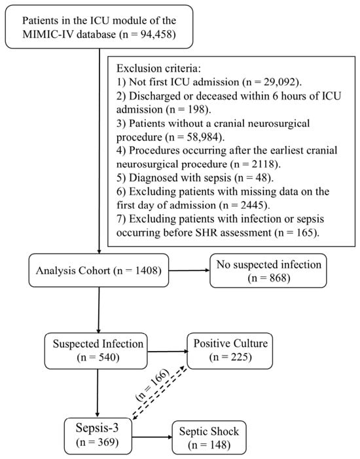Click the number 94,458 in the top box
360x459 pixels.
(x=157, y=35)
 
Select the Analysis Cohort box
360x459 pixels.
(x=99, y=270)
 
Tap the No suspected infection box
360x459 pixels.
(x=268, y=271)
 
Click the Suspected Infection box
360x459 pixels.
(x=96, y=351)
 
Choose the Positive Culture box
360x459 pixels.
(x=230, y=351)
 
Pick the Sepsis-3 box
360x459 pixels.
(x=98, y=435)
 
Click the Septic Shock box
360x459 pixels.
(x=209, y=437)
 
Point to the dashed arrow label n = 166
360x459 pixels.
(x=153, y=384)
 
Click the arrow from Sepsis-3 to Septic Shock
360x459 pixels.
(x=153, y=437)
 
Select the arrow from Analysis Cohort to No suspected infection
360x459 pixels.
(x=189, y=270)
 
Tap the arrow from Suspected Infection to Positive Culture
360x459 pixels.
(x=168, y=351)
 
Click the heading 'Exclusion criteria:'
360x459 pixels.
(x=159, y=68)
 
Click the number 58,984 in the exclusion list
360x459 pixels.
(x=204, y=137)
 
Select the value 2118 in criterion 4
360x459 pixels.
(x=264, y=164)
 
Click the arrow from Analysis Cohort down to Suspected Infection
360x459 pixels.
(x=99, y=310)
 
